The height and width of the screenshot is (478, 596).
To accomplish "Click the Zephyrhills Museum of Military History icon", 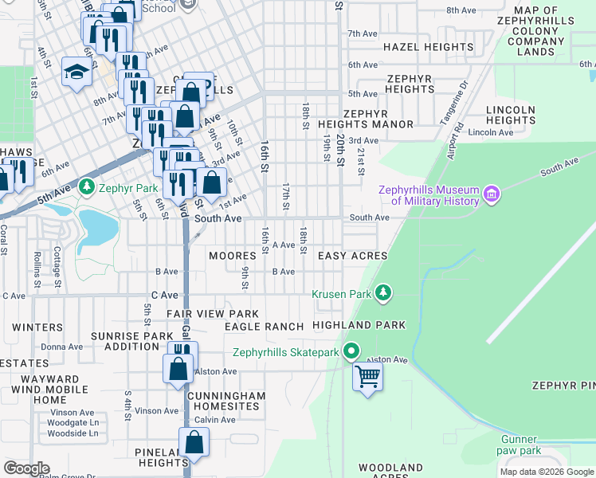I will pos(492,194).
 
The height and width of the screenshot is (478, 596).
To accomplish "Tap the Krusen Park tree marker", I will pos(384,294).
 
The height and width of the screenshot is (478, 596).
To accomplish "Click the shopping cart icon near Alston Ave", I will pos(368,376).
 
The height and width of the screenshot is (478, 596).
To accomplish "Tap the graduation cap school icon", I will pos(76,72).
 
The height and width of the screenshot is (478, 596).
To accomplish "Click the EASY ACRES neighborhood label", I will pos(352,256).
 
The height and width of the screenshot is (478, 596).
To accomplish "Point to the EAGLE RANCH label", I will pos(264,327).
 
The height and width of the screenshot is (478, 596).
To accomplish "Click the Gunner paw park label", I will pos(519,445).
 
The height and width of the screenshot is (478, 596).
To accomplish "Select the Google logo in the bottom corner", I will pos(26,468).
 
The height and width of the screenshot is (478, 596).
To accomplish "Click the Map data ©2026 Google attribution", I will pos(546,472).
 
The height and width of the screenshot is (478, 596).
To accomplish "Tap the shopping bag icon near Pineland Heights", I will pos(194,442).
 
